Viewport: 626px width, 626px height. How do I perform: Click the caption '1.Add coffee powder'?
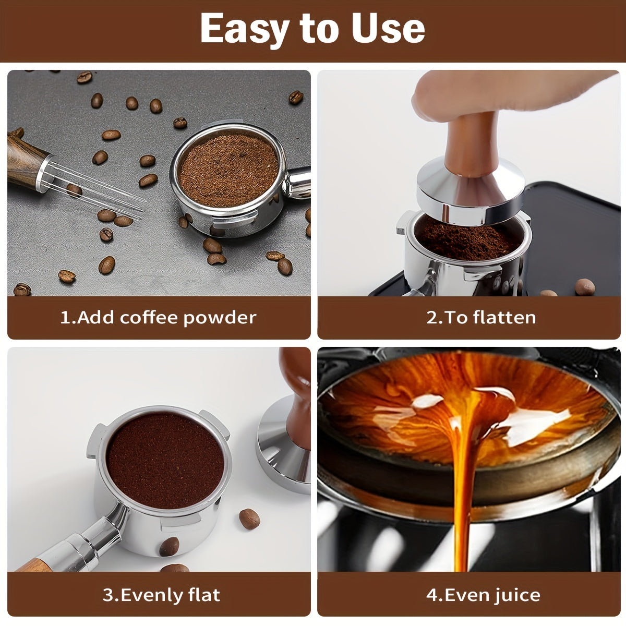click(x=159, y=317)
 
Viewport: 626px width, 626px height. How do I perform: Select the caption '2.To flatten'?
click(x=480, y=317)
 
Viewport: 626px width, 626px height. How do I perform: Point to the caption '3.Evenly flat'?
click(x=161, y=595)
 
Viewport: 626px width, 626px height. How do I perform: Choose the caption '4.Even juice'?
click(x=483, y=595)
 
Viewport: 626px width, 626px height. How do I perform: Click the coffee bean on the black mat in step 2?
click(x=584, y=286)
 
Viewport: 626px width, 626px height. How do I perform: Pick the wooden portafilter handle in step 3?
click(x=31, y=565)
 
